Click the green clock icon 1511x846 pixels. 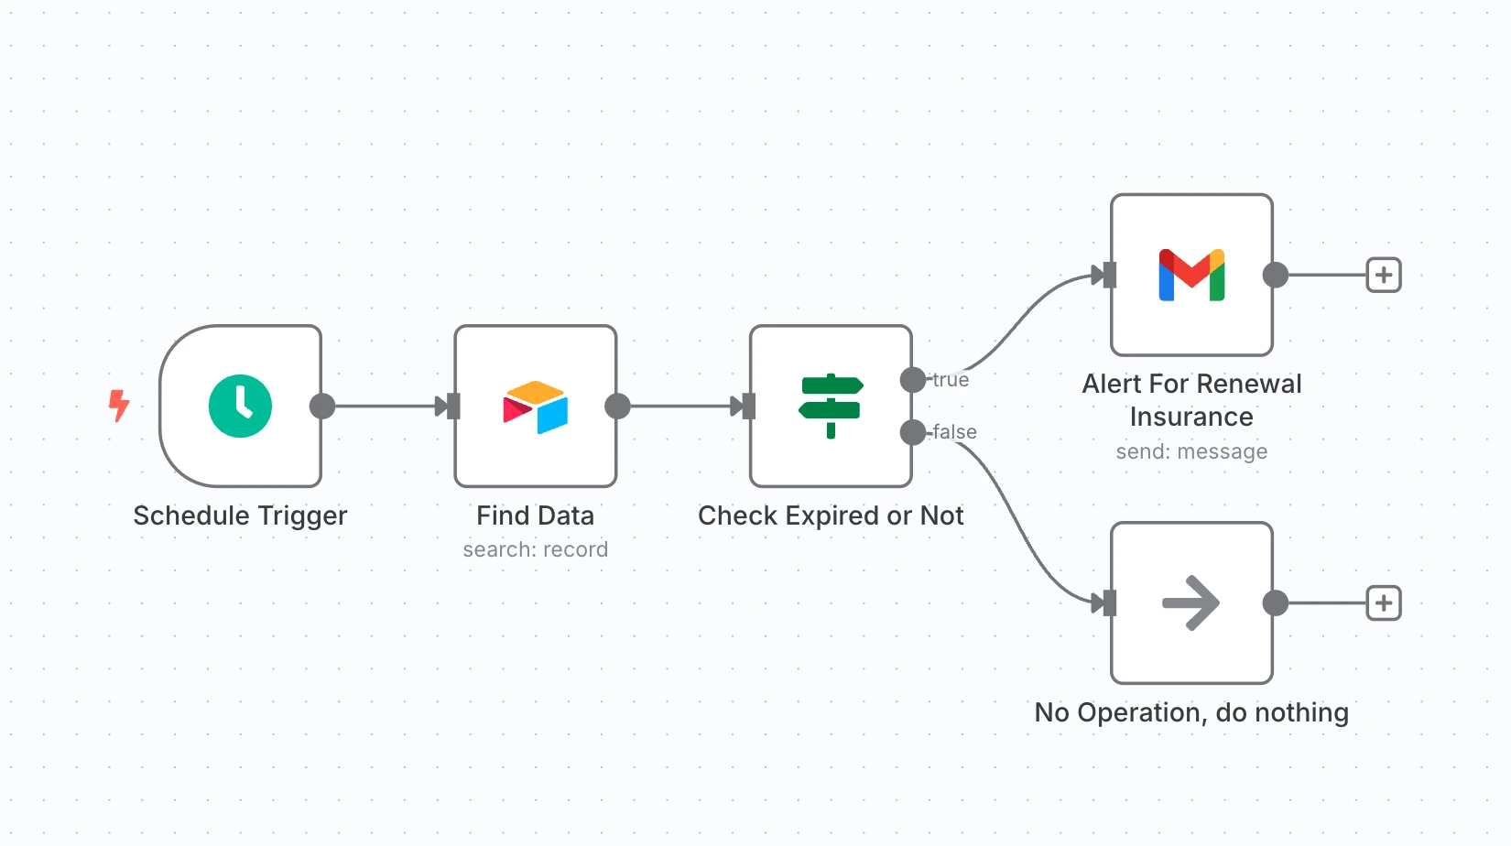240,406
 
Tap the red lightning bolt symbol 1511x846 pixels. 119,405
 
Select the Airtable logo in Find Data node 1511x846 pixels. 536,407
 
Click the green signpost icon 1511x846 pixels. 831,406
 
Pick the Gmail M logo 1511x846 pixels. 1191,275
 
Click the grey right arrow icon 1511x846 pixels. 1190,602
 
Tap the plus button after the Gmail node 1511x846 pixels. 1384,275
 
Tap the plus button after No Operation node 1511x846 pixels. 1384,603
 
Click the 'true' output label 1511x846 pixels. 951,380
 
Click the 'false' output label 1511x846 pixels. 954,432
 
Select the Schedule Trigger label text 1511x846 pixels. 240,515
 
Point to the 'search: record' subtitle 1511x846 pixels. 535,549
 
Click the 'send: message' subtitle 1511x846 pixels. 1191,451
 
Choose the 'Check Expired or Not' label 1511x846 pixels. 831,515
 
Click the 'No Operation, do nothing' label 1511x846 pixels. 1191,712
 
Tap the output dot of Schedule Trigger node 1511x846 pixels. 322,406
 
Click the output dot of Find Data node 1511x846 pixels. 618,406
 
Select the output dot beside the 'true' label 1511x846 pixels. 913,380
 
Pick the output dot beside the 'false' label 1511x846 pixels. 913,432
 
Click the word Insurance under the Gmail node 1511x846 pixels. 1191,418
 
